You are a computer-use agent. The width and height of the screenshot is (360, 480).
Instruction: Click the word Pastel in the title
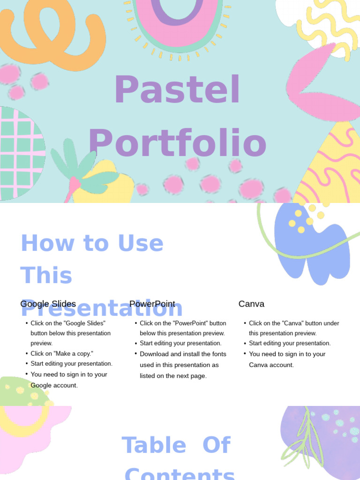click(177, 90)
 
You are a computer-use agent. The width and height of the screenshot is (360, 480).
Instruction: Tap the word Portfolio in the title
click(177, 143)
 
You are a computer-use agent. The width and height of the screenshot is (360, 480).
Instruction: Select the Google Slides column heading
click(48, 304)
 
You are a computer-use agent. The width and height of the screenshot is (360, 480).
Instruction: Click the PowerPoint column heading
click(152, 304)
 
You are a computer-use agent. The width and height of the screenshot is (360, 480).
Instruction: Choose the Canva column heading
click(251, 304)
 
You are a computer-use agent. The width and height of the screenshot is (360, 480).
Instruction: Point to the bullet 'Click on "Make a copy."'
click(62, 353)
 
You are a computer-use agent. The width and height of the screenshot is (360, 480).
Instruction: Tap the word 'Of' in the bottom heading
click(216, 445)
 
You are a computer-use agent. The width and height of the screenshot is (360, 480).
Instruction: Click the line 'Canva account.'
click(271, 365)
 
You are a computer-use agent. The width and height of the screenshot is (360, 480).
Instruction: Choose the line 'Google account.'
click(54, 385)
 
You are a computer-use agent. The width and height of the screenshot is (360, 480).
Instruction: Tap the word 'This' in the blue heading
click(46, 276)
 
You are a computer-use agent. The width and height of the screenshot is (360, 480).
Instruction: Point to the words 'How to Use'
click(92, 243)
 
